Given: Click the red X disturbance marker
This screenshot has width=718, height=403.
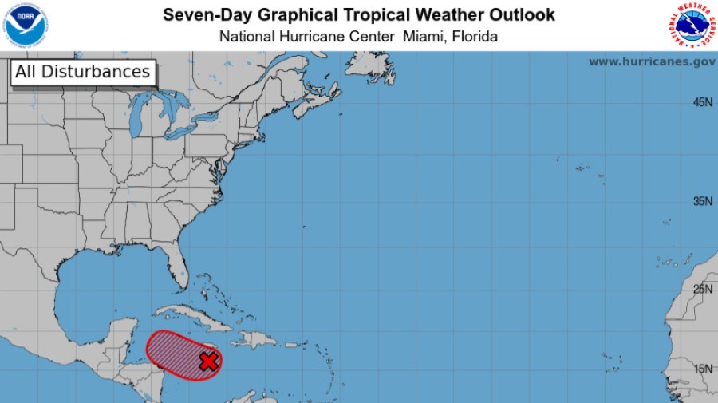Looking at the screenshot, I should click(208, 362).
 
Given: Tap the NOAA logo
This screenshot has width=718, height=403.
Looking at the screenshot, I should click(26, 25).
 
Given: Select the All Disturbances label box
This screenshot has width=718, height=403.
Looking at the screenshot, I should click(82, 72).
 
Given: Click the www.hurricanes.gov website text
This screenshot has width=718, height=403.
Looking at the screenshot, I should click(651, 61).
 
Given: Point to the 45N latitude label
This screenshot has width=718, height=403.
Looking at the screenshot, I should click(702, 102).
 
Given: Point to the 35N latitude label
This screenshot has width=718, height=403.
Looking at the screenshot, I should click(702, 201).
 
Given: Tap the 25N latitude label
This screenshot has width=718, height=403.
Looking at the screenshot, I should click(702, 289).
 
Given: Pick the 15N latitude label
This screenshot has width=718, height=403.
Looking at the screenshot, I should click(702, 368).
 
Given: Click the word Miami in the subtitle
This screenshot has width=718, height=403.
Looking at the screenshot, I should click(428, 37).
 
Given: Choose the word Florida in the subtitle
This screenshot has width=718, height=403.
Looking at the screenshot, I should click(475, 37).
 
